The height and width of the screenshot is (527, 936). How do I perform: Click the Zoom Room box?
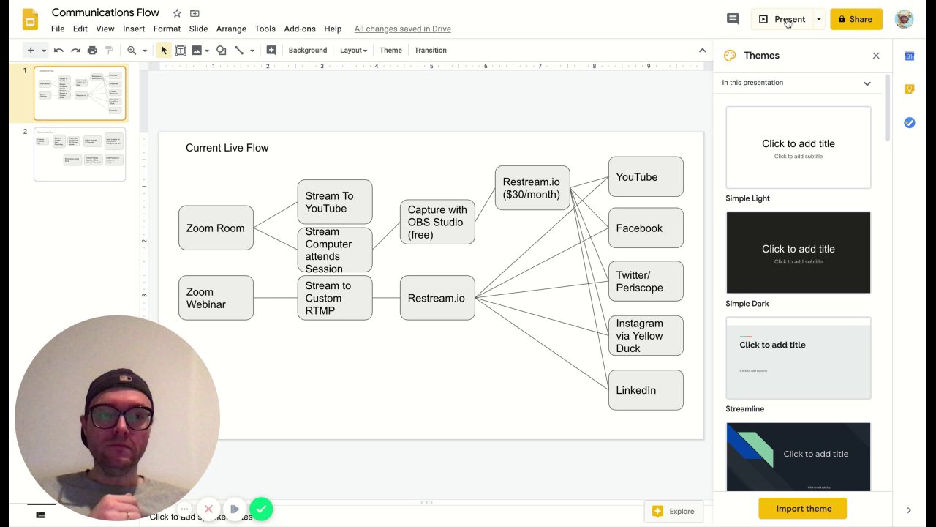(216, 228)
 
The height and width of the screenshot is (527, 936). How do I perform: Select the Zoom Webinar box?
(216, 298)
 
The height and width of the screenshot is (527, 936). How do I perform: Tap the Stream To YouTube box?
(335, 202)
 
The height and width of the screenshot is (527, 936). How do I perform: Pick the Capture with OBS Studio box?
(437, 222)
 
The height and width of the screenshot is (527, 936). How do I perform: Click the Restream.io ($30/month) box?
(532, 188)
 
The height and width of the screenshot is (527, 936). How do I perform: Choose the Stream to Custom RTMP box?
(335, 298)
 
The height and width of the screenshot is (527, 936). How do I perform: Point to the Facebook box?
(646, 228)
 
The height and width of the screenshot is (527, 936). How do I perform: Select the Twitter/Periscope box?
(646, 281)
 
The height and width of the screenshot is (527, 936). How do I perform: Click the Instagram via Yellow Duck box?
(646, 335)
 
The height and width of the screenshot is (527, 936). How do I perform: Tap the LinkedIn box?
(646, 390)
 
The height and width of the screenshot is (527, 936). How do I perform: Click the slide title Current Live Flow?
(227, 148)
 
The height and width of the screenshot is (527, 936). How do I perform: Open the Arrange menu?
(231, 29)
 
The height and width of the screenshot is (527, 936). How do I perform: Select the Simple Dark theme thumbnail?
(798, 253)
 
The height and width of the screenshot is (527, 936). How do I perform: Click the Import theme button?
(802, 509)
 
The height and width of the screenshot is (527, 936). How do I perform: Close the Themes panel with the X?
(876, 56)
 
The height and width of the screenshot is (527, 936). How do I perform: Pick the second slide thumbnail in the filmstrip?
(80, 154)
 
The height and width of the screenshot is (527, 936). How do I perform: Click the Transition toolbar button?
(430, 51)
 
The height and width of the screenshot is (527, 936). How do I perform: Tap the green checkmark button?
(261, 509)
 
